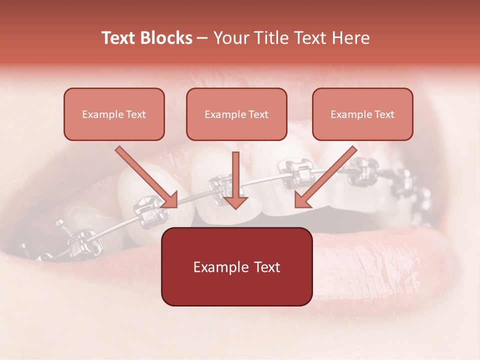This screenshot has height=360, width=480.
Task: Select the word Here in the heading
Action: (x=349, y=38)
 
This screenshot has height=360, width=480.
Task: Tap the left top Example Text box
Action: (x=114, y=114)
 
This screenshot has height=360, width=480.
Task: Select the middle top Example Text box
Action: (x=236, y=114)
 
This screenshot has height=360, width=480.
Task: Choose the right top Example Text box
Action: (x=362, y=114)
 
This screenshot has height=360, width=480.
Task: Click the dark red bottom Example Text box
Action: (x=236, y=266)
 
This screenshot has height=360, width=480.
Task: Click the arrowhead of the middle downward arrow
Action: (x=235, y=200)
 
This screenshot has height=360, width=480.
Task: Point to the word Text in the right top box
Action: (x=384, y=114)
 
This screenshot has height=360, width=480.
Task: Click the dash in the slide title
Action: (x=202, y=38)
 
